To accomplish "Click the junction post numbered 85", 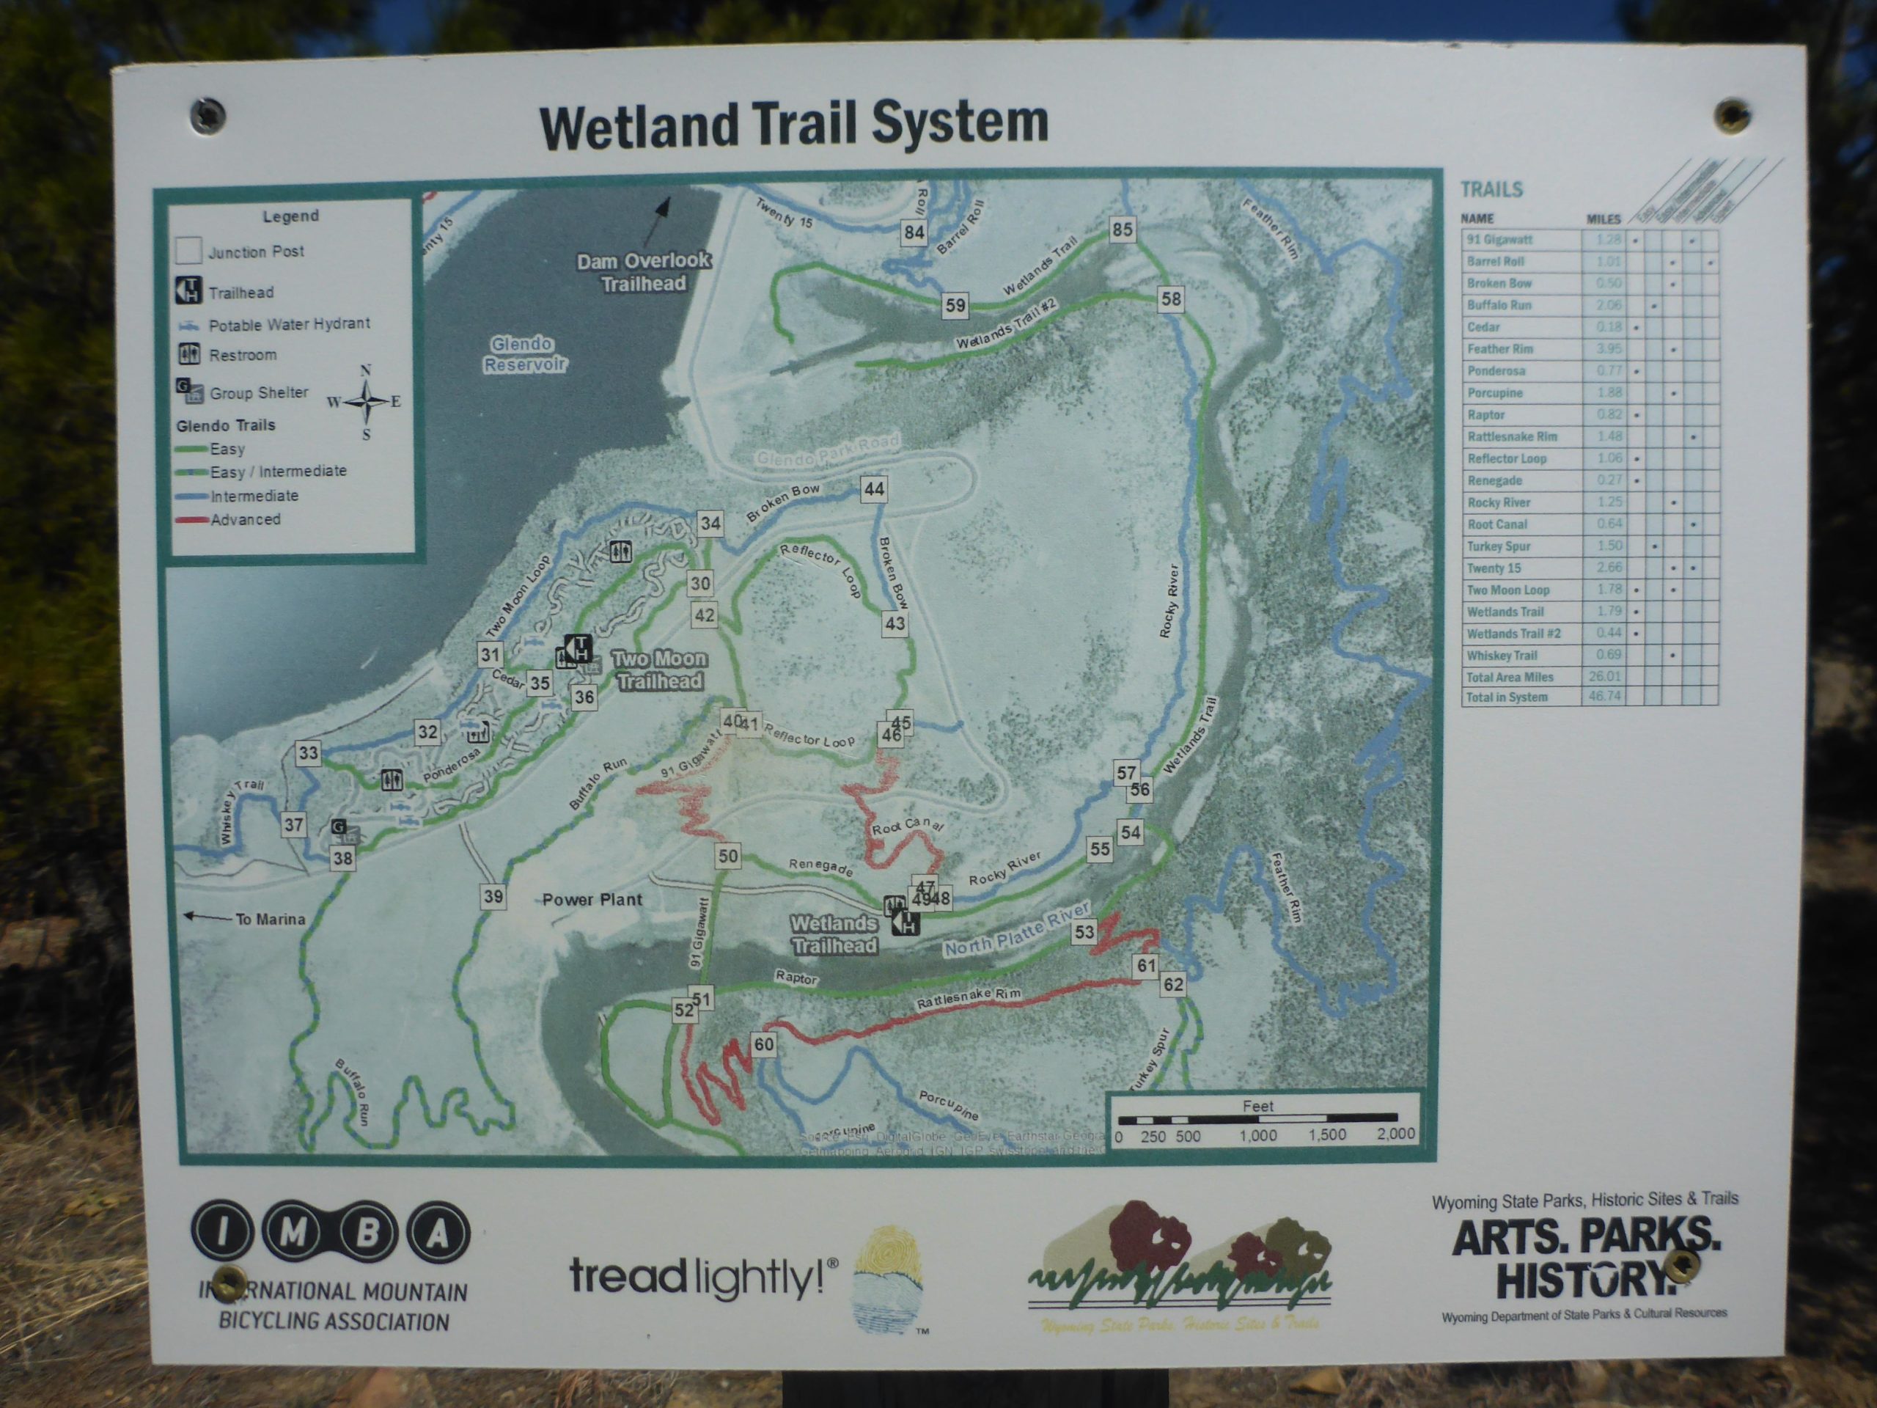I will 1122,229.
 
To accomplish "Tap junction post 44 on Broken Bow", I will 873,489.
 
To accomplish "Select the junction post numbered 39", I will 492,896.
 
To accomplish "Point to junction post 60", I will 763,1044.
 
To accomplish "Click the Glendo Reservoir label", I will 524,354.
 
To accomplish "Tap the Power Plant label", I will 592,900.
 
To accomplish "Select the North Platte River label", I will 1015,931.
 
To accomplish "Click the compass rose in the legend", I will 366,401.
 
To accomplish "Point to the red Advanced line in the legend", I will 192,519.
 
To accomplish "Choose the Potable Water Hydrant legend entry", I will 288,324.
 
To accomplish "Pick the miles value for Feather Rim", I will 1608,349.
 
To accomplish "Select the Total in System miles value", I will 1604,697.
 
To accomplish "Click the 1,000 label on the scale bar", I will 1257,1135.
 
